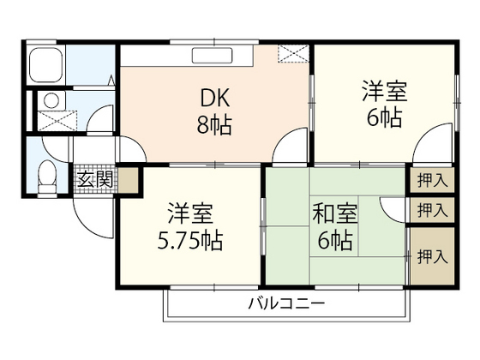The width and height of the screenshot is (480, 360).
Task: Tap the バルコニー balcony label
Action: click(287, 304)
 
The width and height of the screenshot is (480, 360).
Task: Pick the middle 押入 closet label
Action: click(430, 208)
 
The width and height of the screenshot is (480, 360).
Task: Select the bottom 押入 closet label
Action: click(430, 255)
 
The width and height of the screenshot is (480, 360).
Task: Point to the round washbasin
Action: click(49, 99)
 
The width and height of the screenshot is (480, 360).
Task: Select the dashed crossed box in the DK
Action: click(292, 54)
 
